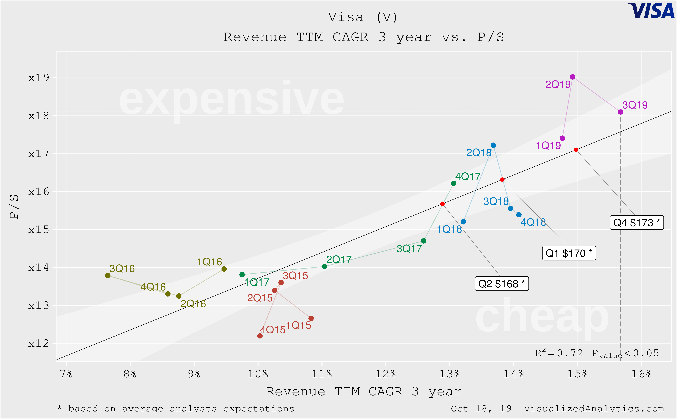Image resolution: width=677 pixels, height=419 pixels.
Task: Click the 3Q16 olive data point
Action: pyautogui.click(x=108, y=275)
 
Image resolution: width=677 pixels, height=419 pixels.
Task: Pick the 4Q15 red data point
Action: pyautogui.click(x=260, y=336)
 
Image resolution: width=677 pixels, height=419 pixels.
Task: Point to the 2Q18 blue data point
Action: pyautogui.click(x=493, y=145)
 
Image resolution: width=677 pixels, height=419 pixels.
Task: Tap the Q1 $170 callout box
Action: pyautogui.click(x=569, y=253)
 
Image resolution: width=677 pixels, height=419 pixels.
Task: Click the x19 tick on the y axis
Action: pyautogui.click(x=39, y=78)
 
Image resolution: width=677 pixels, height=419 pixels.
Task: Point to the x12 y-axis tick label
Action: pyautogui.click(x=39, y=344)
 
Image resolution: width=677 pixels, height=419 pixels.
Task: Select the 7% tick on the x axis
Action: pyautogui.click(x=66, y=374)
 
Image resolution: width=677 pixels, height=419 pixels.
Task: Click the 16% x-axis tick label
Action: pyautogui.click(x=641, y=374)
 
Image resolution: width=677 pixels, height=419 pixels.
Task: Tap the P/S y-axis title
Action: pyautogui.click(x=14, y=207)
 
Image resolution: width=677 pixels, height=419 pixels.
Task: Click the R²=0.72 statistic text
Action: pyautogui.click(x=559, y=353)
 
